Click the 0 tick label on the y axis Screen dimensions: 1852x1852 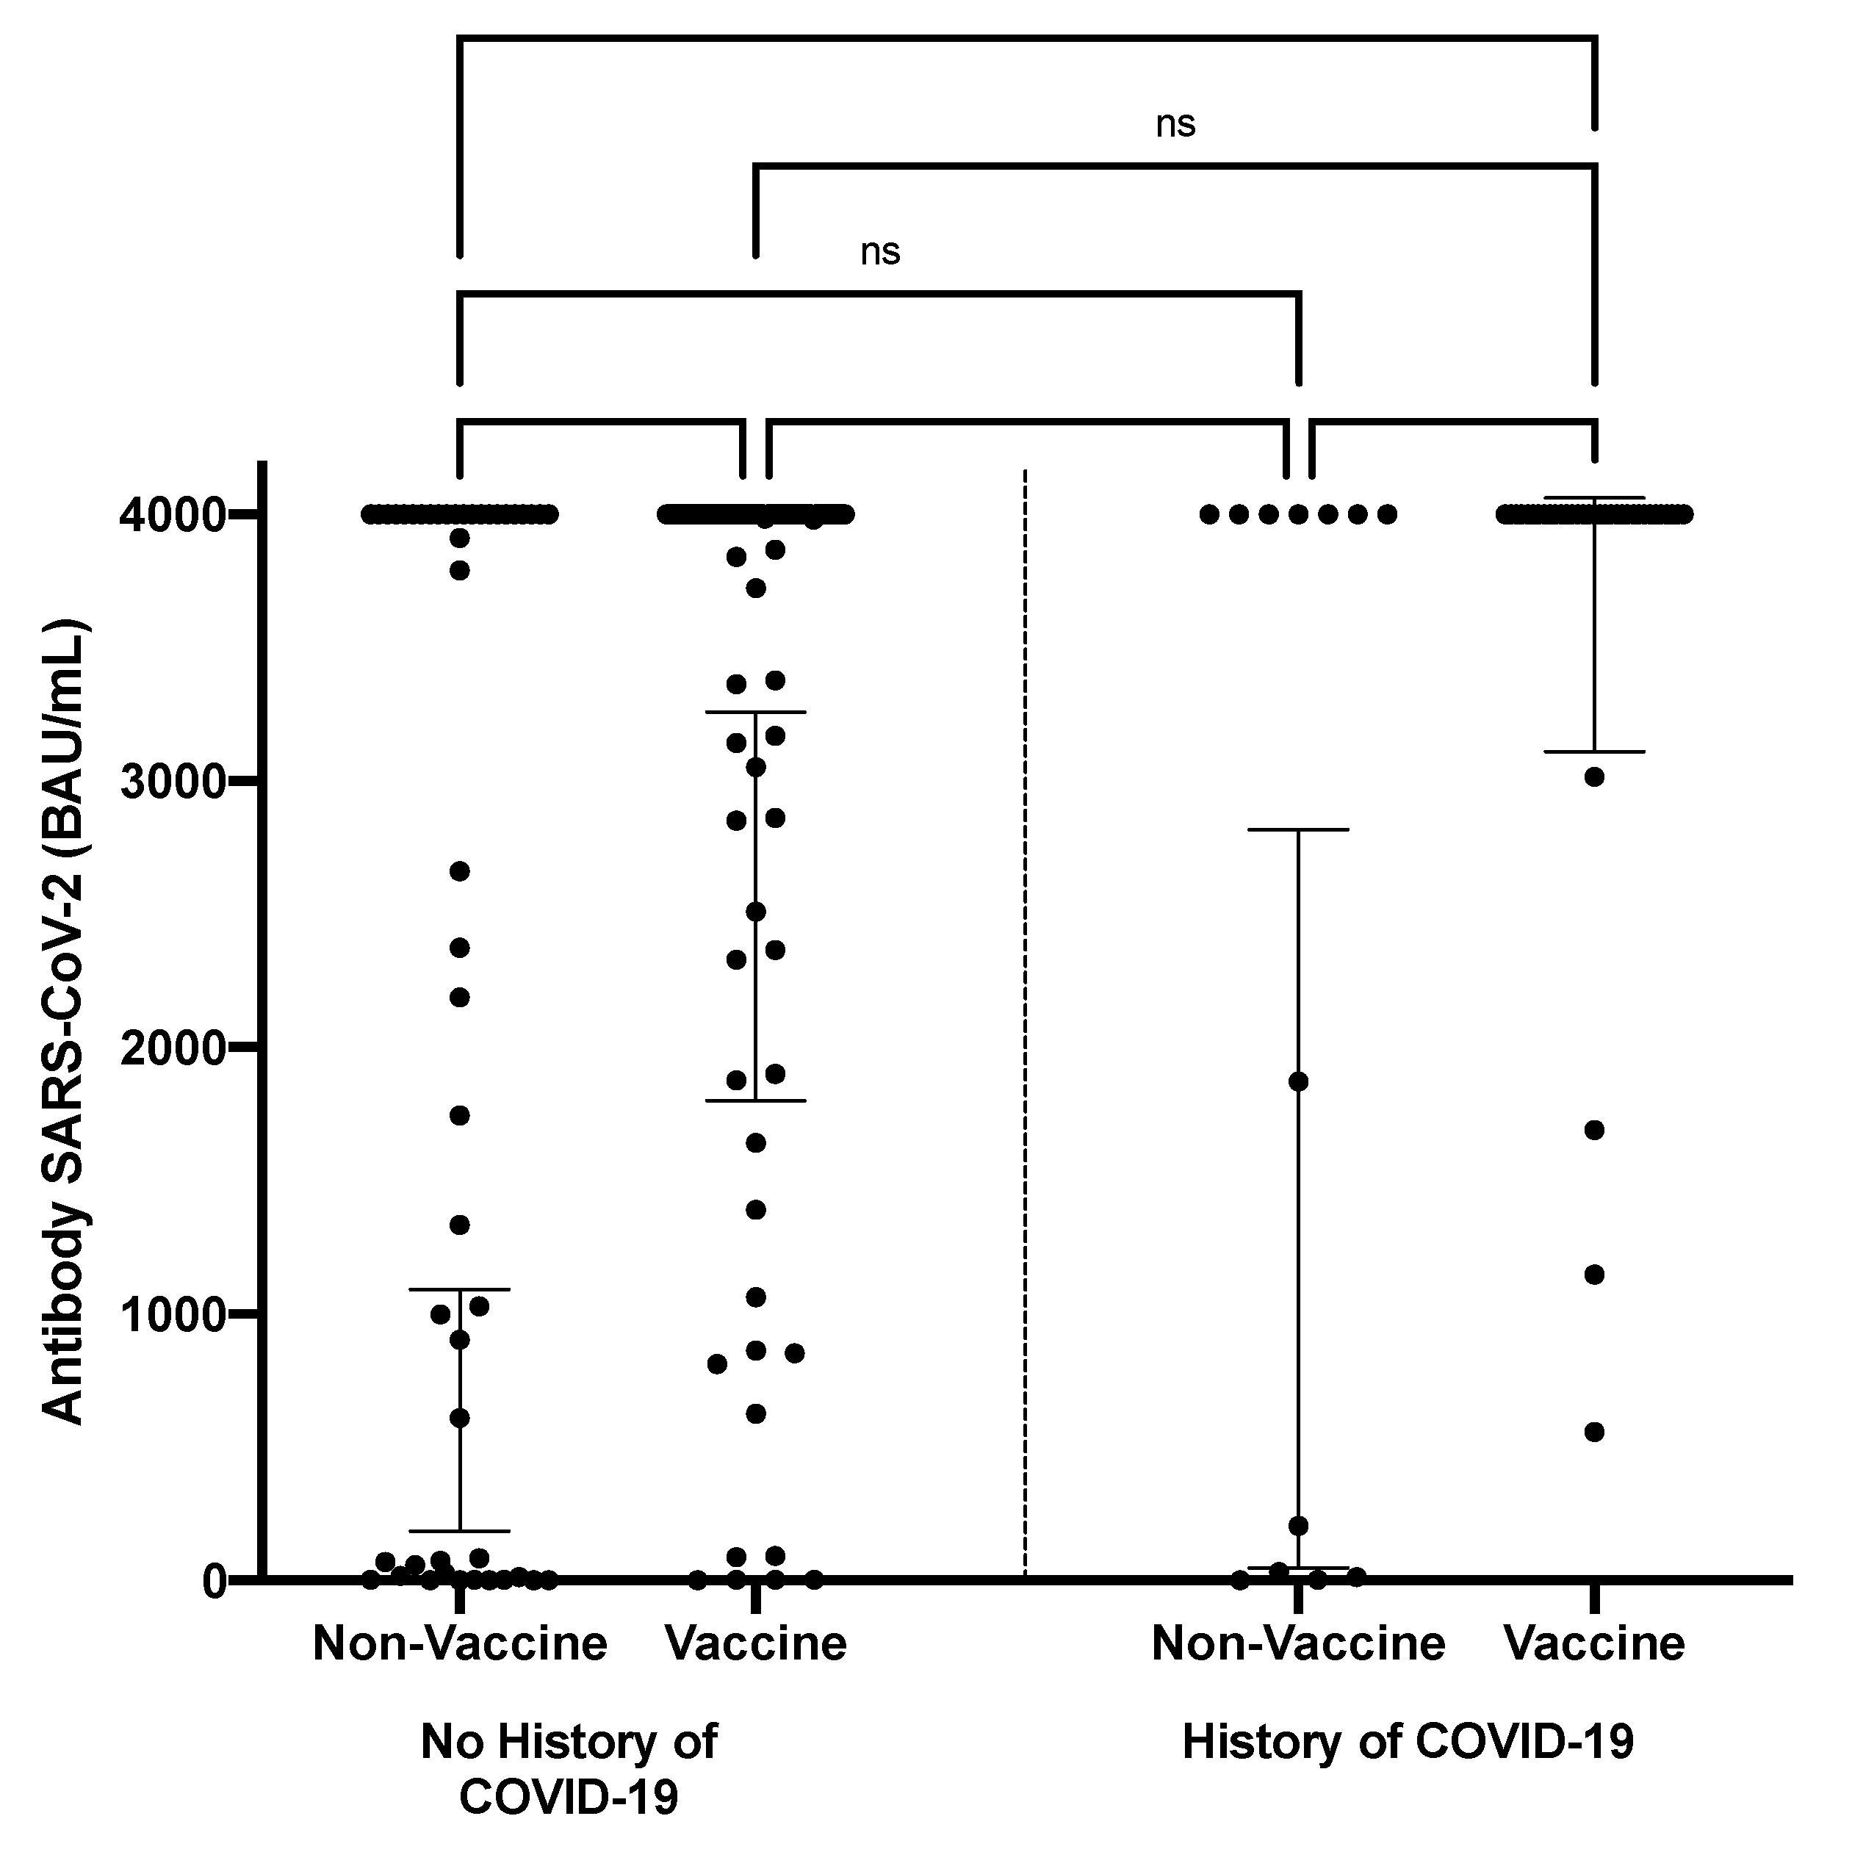[x=214, y=1581]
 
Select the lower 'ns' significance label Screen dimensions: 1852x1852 [x=880, y=251]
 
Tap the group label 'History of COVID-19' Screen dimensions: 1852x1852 [x=1408, y=1742]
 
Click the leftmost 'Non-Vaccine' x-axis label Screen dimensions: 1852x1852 [x=460, y=1644]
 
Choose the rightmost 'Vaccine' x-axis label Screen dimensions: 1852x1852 [x=1594, y=1644]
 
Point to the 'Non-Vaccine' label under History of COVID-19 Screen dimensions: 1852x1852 [x=1298, y=1644]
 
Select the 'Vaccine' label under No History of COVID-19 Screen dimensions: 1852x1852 [x=757, y=1644]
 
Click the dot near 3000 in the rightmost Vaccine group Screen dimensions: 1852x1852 [x=1594, y=777]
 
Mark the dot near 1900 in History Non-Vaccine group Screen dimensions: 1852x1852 [x=1299, y=1081]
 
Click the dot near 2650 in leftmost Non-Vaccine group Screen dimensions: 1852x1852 [x=460, y=871]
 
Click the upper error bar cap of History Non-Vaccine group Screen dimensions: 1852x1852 [x=1299, y=829]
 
